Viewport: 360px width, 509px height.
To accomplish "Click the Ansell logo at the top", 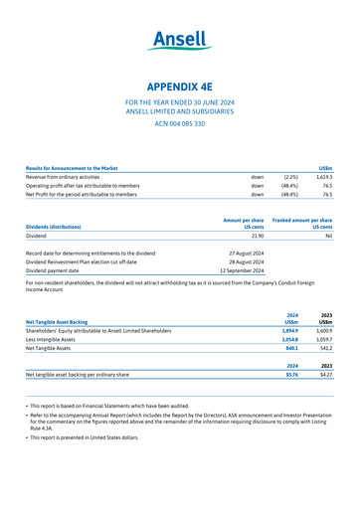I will tap(179, 41).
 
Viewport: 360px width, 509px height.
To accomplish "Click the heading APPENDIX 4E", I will tap(179, 85).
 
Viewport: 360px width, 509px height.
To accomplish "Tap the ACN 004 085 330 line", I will tap(179, 123).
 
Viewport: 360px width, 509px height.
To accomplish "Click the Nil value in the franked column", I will tap(327, 237).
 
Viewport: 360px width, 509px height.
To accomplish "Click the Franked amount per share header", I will tap(300, 220).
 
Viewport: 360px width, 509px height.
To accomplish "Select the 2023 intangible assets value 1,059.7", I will tap(322, 339).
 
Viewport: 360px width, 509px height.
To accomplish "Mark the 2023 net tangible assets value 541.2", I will tap(324, 349).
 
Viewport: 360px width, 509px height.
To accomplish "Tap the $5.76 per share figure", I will tap(291, 375).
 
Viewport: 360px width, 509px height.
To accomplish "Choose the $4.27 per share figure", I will tap(325, 375).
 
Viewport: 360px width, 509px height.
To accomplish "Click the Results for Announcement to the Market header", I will tap(85, 168).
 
